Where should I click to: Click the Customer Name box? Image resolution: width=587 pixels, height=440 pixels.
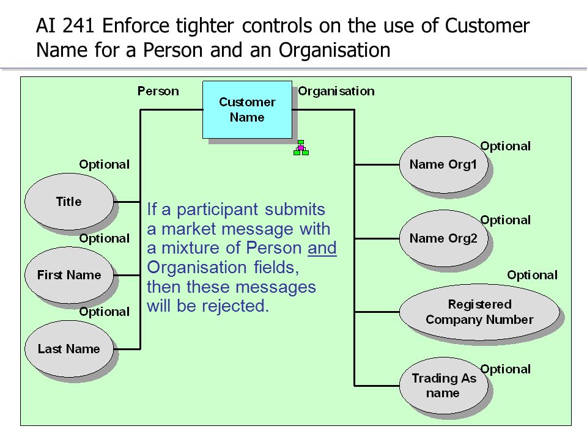click(x=247, y=109)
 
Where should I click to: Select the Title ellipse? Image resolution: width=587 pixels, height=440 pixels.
click(x=69, y=202)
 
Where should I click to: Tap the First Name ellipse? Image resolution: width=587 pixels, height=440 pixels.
click(x=69, y=275)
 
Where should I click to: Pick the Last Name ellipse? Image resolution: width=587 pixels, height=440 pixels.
click(x=69, y=349)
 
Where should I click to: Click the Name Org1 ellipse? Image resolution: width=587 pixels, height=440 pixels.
click(x=444, y=164)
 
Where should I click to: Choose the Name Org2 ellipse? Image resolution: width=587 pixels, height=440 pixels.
click(x=444, y=238)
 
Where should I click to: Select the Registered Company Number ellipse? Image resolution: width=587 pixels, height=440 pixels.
click(x=479, y=312)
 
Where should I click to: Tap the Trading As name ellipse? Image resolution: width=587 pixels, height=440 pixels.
click(x=444, y=386)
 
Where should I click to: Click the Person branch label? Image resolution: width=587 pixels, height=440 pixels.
click(x=158, y=91)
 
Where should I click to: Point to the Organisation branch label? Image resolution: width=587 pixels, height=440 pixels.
click(x=336, y=91)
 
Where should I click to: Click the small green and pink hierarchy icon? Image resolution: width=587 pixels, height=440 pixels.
click(x=301, y=147)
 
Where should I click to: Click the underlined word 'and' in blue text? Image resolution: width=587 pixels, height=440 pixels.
click(x=322, y=248)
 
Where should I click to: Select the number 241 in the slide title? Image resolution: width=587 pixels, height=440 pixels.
click(x=78, y=26)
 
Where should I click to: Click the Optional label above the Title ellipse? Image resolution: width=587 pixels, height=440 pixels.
click(x=105, y=164)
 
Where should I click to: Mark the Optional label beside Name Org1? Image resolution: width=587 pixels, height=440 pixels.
click(x=506, y=146)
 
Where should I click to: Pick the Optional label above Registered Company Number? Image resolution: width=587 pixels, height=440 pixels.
click(x=533, y=276)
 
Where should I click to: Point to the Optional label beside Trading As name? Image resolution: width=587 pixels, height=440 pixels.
click(x=506, y=370)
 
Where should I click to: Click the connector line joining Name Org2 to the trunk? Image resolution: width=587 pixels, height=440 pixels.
click(x=377, y=238)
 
